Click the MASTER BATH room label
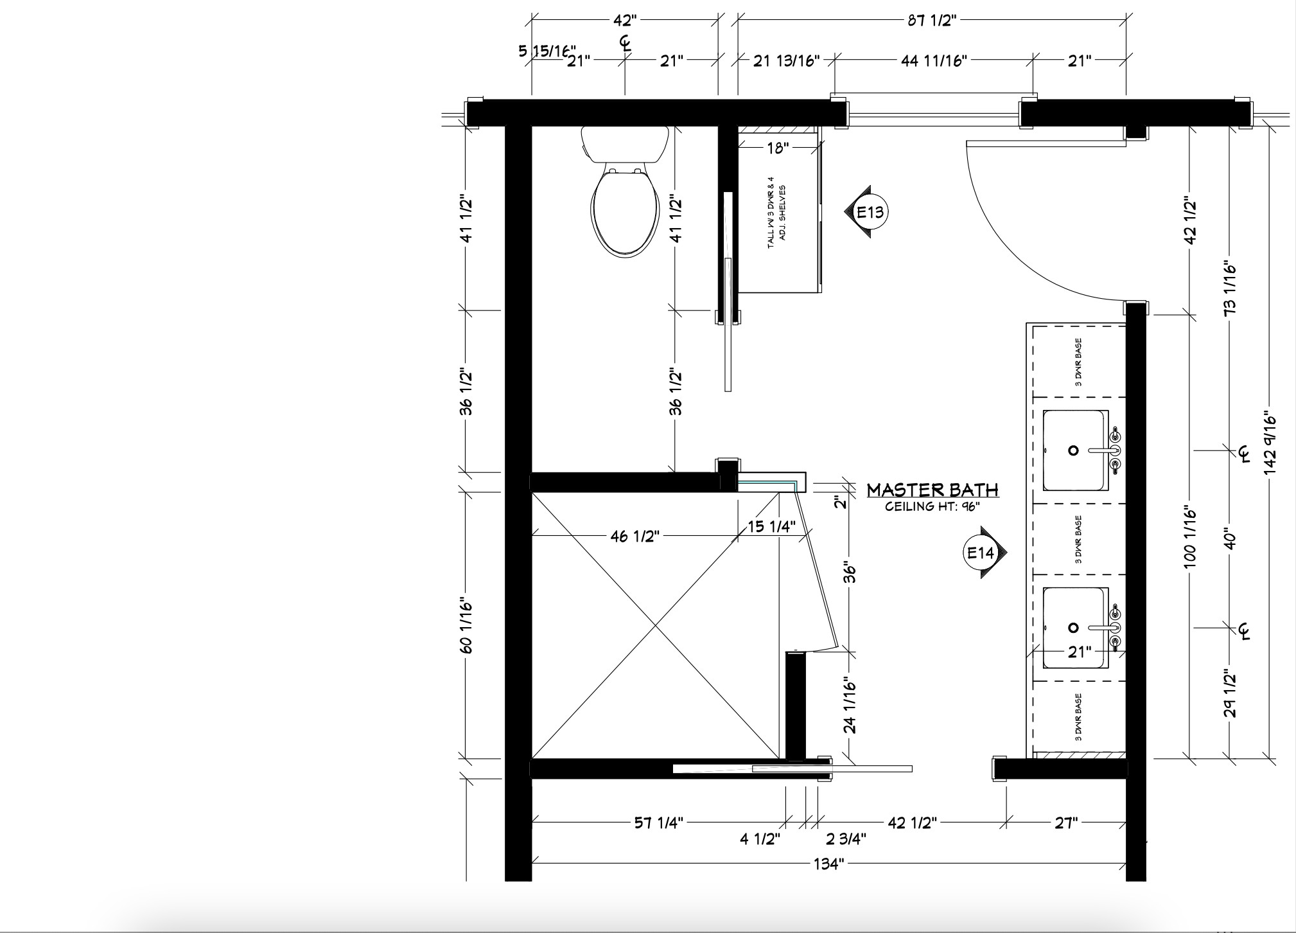tap(933, 490)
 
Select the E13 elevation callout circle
tap(870, 211)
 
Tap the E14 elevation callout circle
tap(981, 553)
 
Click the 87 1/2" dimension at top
tap(932, 21)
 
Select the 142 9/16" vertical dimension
tap(1269, 443)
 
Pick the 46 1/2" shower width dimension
tap(635, 535)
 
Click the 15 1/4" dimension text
tap(771, 527)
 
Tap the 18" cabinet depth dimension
tap(777, 148)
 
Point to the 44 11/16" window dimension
tap(934, 60)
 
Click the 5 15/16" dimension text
tap(547, 51)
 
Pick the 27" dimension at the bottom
tap(1065, 822)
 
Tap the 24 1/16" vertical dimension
tap(850, 705)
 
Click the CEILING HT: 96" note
tap(933, 506)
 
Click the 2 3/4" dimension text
tap(846, 839)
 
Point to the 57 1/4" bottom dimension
tap(659, 822)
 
